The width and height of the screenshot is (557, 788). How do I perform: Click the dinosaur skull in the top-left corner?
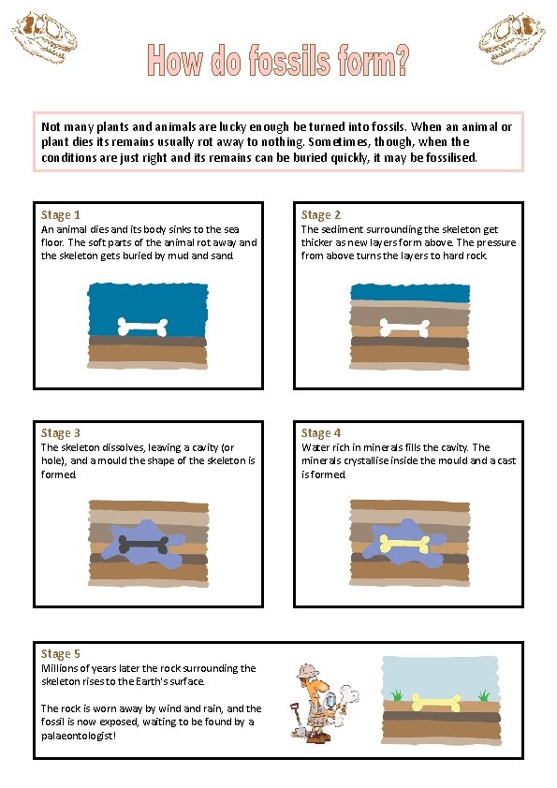click(x=45, y=38)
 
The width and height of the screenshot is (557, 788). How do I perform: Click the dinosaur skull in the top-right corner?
click(x=512, y=38)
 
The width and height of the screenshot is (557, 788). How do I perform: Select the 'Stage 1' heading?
click(x=60, y=215)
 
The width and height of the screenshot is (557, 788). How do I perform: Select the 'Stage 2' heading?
click(x=321, y=215)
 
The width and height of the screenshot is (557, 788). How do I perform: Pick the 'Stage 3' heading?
click(x=60, y=433)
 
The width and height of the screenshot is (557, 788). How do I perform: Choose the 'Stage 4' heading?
click(x=321, y=433)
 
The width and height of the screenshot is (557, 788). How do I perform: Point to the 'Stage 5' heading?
click(x=60, y=654)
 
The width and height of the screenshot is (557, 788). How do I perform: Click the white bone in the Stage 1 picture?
click(x=143, y=327)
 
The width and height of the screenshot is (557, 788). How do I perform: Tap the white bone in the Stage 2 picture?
click(x=404, y=328)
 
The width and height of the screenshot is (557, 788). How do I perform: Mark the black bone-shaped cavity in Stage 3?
click(x=144, y=544)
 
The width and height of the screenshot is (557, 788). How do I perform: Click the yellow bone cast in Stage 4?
click(x=404, y=543)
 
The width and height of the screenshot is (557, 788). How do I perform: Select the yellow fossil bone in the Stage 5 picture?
click(x=436, y=703)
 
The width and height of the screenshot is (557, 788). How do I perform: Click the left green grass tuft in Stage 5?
click(x=397, y=695)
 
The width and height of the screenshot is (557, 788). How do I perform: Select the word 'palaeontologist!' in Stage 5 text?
click(x=79, y=736)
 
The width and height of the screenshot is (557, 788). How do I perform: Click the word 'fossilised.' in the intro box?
click(x=451, y=158)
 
